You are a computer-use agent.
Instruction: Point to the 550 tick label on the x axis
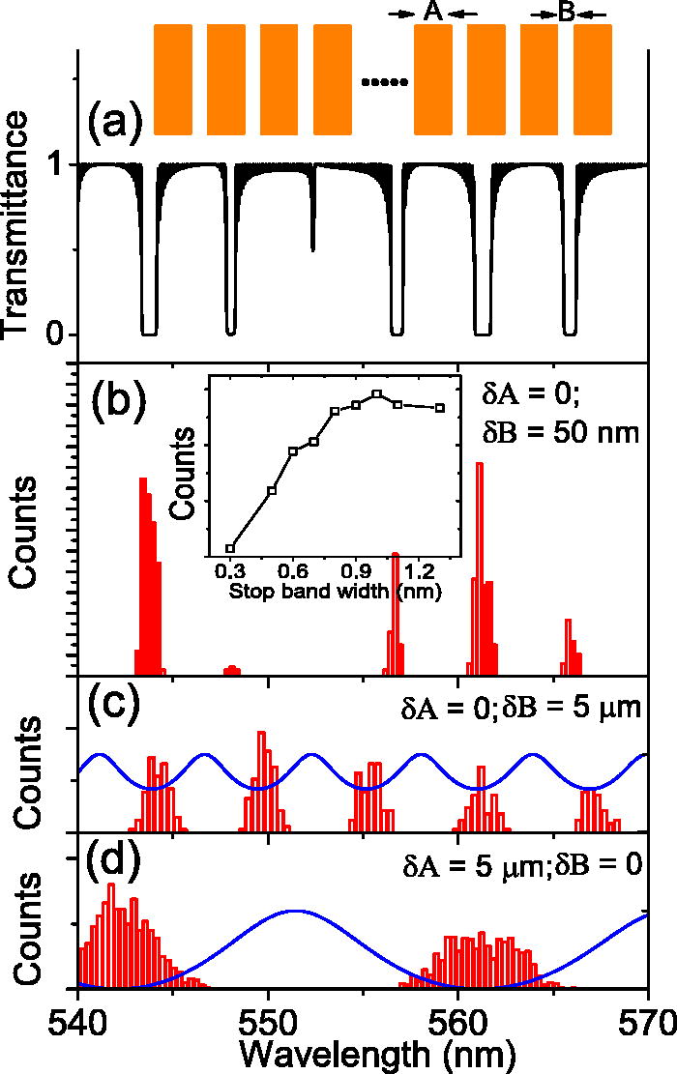coord(268,1018)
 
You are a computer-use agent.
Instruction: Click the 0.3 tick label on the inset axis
coord(230,571)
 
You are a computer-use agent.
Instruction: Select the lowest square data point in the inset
coord(230,547)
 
